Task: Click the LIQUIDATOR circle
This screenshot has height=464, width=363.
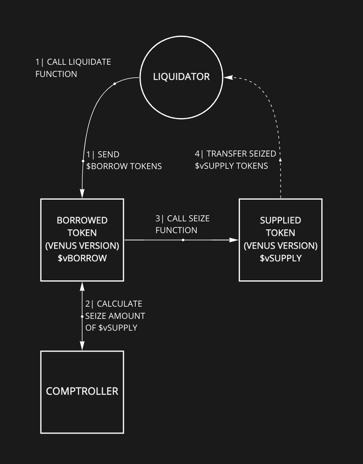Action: tap(181, 77)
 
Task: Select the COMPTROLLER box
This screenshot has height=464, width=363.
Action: tap(82, 392)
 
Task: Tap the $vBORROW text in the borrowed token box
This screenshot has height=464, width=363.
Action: tap(82, 258)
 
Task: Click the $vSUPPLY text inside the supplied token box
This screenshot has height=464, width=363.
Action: tap(281, 258)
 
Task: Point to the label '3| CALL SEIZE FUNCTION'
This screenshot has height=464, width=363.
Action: tap(182, 224)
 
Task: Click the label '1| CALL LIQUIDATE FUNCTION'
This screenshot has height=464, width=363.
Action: tap(73, 68)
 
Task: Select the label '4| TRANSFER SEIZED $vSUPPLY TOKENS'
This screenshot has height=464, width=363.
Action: tap(235, 160)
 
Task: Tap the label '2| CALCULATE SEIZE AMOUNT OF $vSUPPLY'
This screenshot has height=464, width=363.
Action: tap(115, 316)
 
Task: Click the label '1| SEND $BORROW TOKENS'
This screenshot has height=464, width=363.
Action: tap(124, 160)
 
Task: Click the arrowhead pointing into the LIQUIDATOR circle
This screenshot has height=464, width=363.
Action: tap(228, 77)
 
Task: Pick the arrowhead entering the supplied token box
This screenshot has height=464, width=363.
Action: tap(234, 240)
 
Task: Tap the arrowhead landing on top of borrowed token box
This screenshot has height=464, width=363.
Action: tap(82, 194)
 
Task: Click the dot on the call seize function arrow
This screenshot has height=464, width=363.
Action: tap(183, 240)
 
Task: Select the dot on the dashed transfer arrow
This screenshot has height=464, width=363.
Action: tap(280, 160)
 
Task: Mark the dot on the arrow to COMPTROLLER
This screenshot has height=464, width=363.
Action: tap(82, 317)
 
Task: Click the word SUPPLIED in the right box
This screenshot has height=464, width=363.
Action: tap(280, 220)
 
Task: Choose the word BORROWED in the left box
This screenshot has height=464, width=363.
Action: tap(82, 220)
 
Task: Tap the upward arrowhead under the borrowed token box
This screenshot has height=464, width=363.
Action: tap(82, 286)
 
